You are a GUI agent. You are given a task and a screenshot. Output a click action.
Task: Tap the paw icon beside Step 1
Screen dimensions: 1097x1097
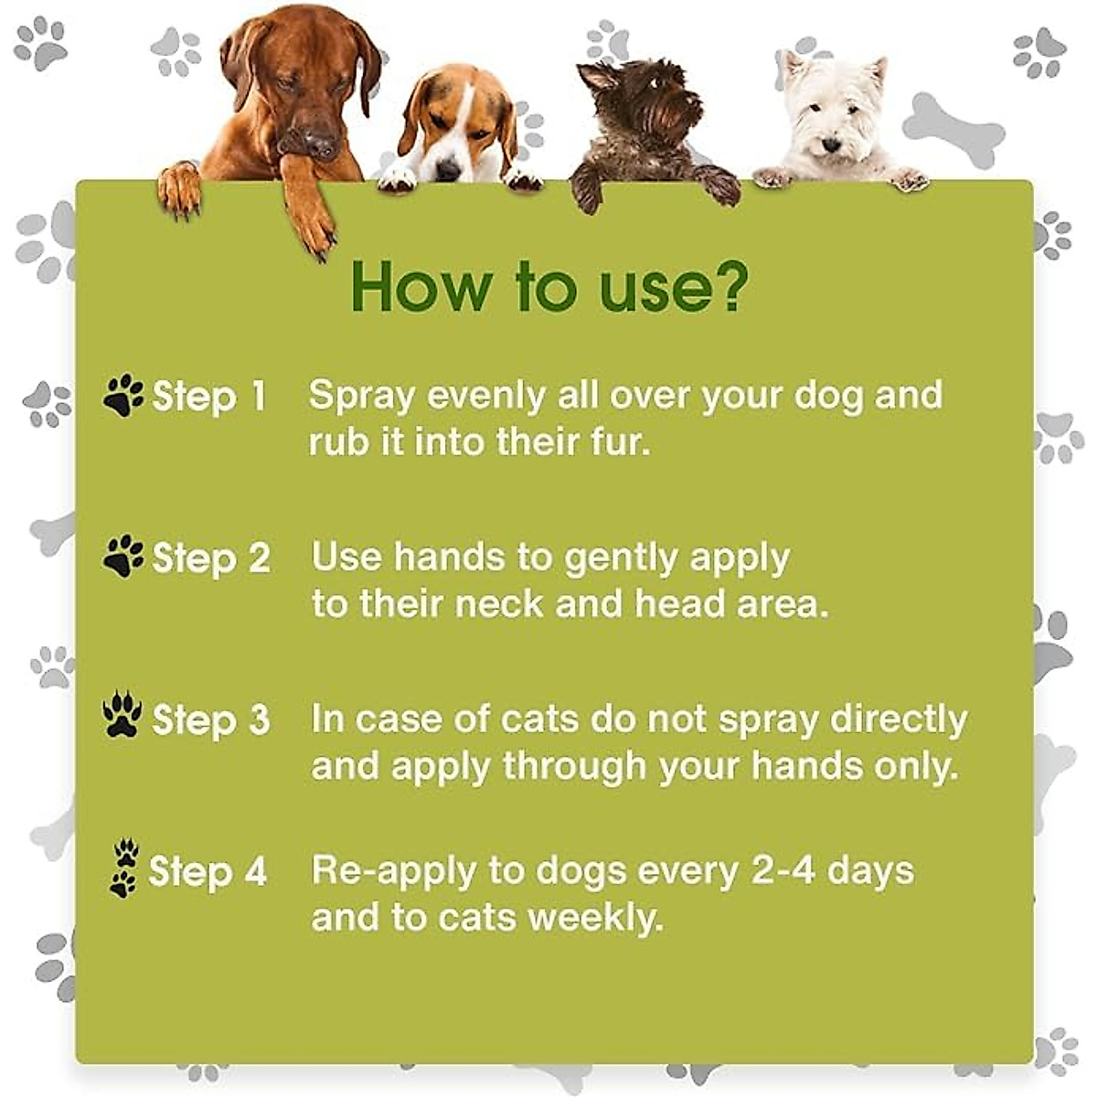(124, 396)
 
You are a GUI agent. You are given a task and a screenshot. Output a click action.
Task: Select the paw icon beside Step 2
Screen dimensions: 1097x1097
(124, 556)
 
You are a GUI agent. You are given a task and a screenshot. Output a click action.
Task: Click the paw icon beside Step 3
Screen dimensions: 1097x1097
(122, 716)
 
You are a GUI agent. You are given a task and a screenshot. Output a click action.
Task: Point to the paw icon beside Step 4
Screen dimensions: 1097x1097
(124, 869)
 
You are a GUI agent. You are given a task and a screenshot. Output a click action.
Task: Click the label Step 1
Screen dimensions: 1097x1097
(209, 397)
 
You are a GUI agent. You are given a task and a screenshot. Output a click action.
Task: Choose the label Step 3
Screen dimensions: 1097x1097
(211, 719)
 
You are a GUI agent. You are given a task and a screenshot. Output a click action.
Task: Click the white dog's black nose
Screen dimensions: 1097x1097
(830, 144)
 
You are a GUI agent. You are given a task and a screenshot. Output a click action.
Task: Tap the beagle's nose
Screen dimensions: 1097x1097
(448, 169)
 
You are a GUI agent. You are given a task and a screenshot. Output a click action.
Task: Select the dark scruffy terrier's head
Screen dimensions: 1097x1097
(640, 101)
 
